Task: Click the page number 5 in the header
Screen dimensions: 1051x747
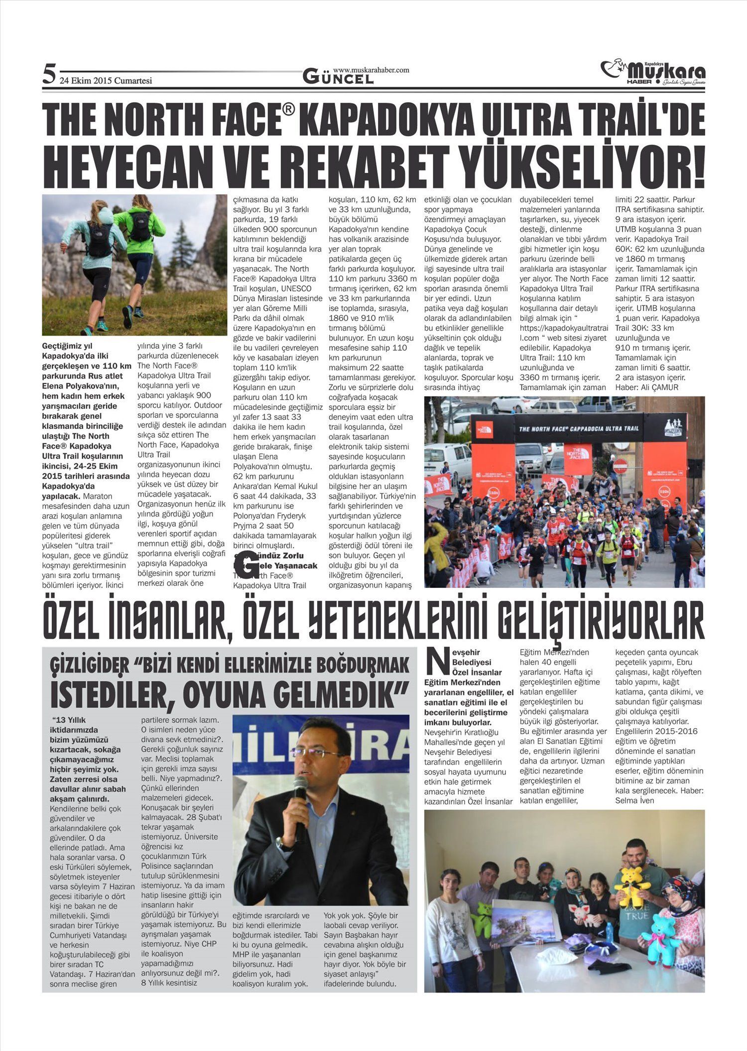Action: [48, 75]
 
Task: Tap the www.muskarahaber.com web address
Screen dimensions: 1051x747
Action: [371, 70]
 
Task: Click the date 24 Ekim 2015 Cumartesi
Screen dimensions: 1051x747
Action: [106, 81]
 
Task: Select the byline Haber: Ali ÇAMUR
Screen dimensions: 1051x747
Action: [647, 388]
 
